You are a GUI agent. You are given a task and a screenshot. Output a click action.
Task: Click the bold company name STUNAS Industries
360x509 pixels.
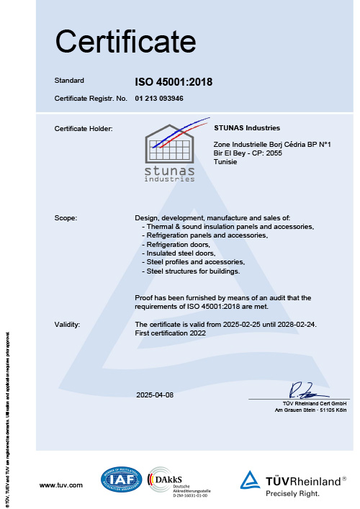pos(247,127)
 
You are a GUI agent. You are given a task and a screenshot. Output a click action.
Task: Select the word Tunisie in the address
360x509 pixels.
pos(226,163)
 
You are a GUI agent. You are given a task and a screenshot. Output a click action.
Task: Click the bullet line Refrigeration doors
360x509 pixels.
pos(177,245)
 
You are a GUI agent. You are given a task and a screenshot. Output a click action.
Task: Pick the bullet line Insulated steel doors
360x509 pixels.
pos(180,253)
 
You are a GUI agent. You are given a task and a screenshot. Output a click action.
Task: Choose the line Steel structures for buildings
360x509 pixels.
pos(192,271)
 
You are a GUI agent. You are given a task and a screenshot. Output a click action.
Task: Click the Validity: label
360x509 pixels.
pos(68,325)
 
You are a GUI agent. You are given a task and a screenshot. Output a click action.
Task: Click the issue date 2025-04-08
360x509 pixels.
pos(155,395)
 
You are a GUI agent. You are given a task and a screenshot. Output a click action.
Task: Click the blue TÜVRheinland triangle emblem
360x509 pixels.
pos(250,480)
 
